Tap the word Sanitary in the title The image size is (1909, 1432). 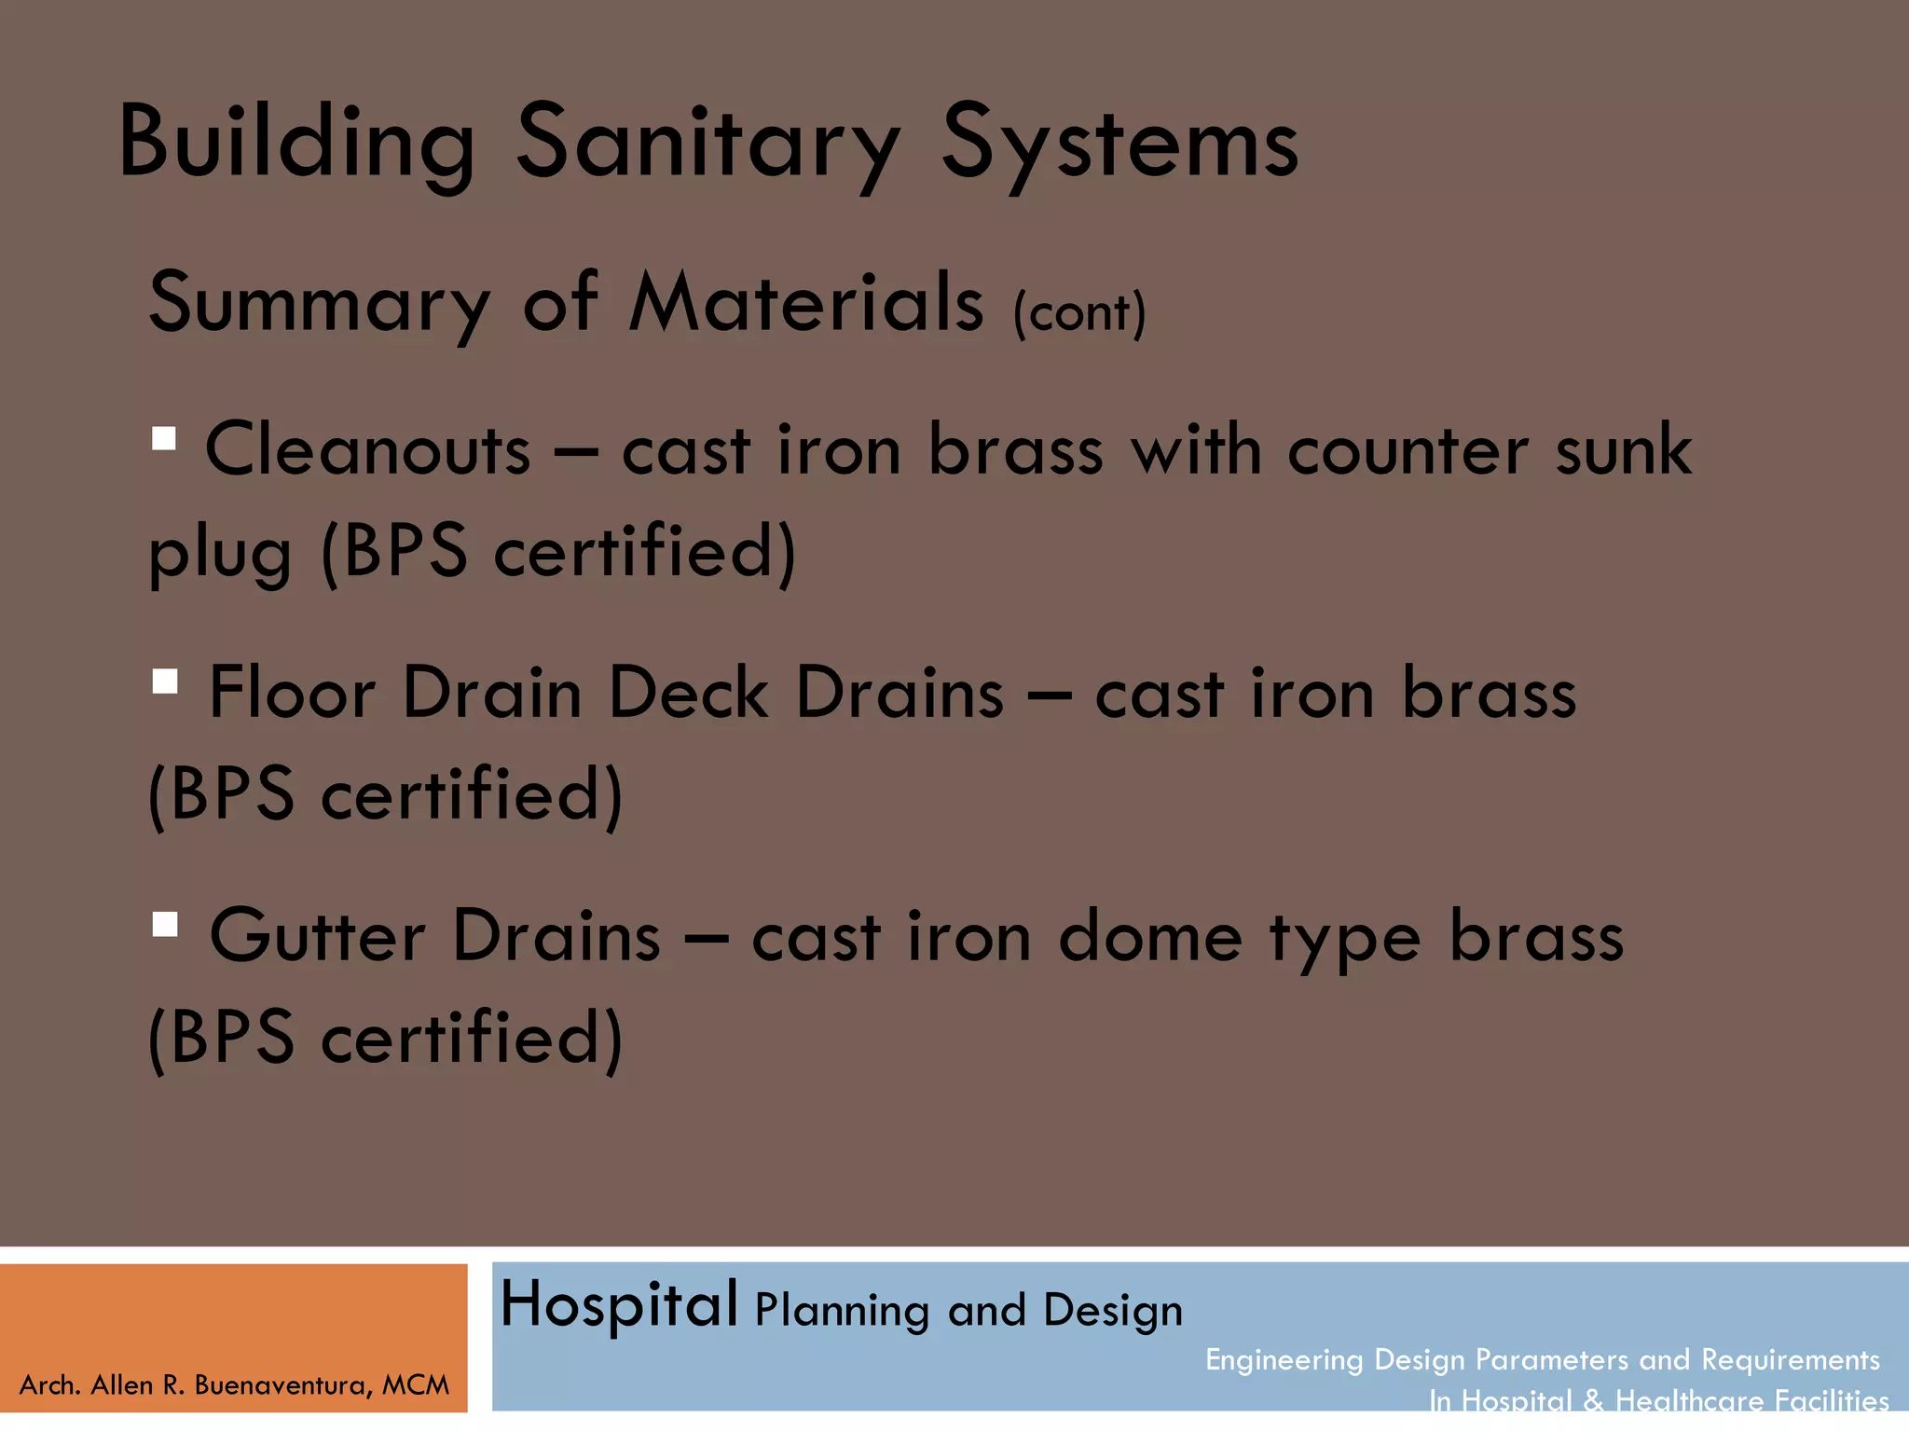click(x=708, y=145)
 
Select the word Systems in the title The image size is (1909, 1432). click(x=1119, y=145)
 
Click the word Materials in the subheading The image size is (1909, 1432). click(x=806, y=302)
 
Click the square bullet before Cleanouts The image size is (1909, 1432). click(x=164, y=438)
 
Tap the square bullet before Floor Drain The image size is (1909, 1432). click(x=165, y=682)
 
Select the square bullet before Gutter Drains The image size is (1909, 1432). click(x=165, y=924)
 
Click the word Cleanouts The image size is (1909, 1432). click(x=367, y=450)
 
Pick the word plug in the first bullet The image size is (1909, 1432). click(x=220, y=554)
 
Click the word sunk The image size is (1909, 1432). click(x=1623, y=450)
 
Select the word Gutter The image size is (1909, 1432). click(x=317, y=936)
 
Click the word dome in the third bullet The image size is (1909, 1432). click(x=1150, y=937)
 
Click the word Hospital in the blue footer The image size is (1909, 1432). click(x=619, y=1304)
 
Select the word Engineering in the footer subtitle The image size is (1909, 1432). click(x=1283, y=1360)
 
